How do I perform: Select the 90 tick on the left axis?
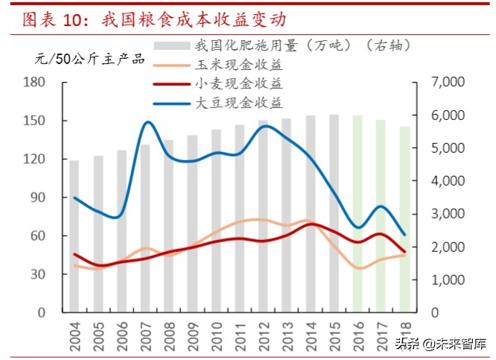tap(38, 198)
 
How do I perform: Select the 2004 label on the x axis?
tap(74, 333)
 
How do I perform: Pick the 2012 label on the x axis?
tap(264, 333)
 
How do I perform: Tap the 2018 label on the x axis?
tap(405, 333)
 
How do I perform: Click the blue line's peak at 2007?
tap(147, 122)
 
